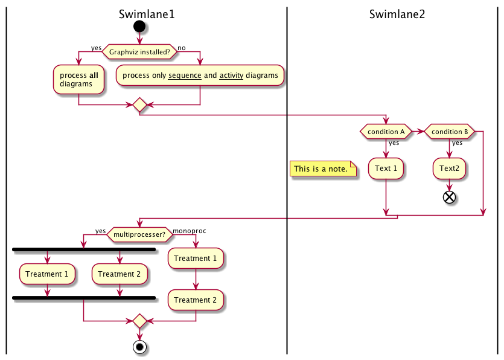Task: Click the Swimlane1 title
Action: coord(147,14)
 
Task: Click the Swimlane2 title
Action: coord(397,14)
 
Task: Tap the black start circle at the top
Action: coord(139,26)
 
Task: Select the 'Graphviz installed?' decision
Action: coord(139,52)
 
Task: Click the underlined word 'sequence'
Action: coord(183,76)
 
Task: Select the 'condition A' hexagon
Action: coord(386,131)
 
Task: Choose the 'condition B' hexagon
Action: coord(450,131)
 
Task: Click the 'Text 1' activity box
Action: coord(386,169)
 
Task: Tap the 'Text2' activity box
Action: coord(449,169)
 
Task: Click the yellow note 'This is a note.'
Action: coord(323,169)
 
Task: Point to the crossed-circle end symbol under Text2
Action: coord(449,196)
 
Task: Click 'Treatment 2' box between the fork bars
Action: coord(120,274)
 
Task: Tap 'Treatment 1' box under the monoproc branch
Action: coord(196,258)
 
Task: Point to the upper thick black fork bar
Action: coord(84,249)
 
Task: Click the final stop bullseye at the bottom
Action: coord(139,347)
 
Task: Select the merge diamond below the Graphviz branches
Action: coord(139,105)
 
